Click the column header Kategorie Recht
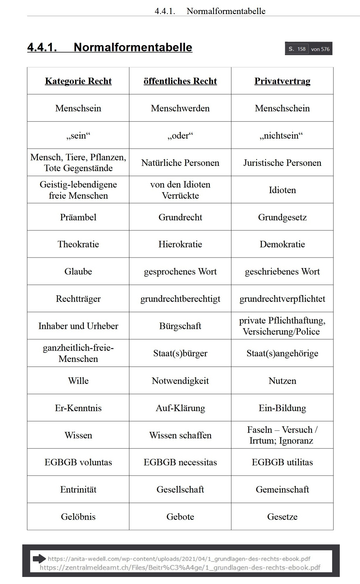(78, 81)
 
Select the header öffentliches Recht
(180, 81)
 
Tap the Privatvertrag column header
(282, 81)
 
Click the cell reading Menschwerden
(180, 108)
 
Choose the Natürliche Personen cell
(180, 163)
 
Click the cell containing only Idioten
(282, 190)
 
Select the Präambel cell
(78, 217)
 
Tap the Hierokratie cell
(180, 244)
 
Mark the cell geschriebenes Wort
(282, 271)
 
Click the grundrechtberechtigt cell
(180, 299)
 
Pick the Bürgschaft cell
(180, 326)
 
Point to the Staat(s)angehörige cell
(282, 353)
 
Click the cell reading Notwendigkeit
(180, 381)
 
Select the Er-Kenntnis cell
(78, 408)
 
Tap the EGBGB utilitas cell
(282, 462)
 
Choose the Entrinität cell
(78, 489)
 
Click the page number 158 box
(301, 49)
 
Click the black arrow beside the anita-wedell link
(39, 559)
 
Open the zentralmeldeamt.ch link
(180, 568)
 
